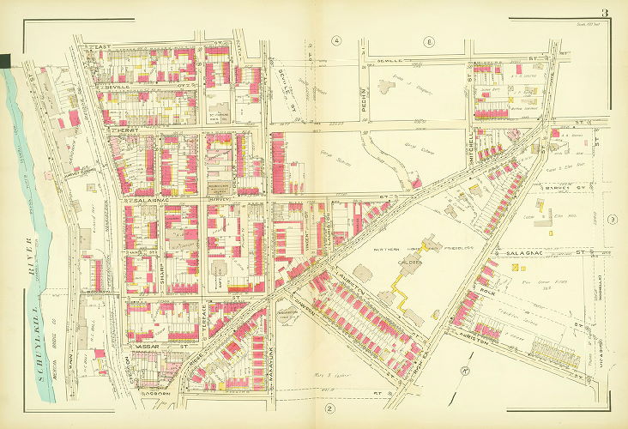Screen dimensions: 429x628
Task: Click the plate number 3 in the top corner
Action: [604, 12]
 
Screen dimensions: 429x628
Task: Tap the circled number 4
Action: [337, 40]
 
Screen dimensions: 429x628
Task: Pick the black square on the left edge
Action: [4, 60]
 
